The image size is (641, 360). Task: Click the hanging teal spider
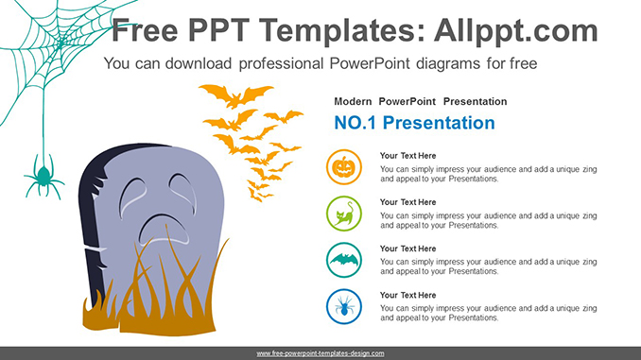click(43, 178)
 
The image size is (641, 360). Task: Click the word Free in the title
click(147, 31)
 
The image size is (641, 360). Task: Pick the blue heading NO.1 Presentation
click(414, 123)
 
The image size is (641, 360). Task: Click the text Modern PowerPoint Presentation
click(420, 101)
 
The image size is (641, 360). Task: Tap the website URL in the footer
click(320, 352)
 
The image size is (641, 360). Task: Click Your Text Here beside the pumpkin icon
click(407, 156)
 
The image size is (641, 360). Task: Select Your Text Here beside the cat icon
click(407, 202)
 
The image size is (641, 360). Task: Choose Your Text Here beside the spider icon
click(407, 295)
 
